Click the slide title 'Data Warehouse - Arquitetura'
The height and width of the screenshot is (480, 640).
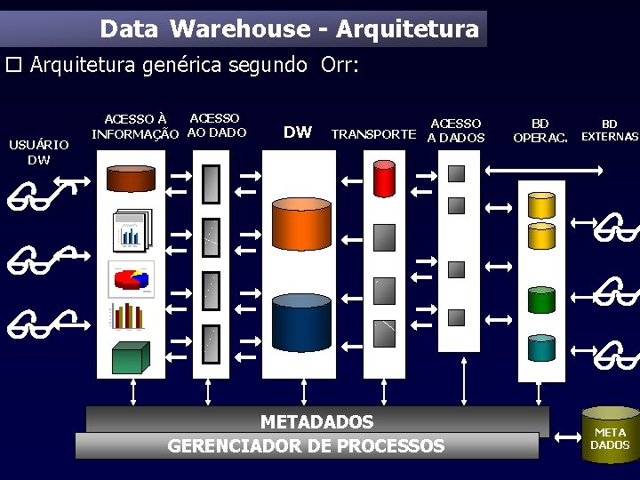(289, 29)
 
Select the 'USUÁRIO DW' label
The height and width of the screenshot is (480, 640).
(38, 152)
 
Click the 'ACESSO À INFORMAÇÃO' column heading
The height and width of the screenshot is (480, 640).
(135, 126)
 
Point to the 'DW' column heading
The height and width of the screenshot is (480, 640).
(297, 132)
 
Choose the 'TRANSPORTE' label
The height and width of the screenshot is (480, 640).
(372, 135)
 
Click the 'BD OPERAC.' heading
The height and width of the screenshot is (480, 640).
(540, 131)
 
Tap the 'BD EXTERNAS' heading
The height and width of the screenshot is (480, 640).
(609, 131)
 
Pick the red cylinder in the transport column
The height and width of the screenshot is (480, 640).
(384, 179)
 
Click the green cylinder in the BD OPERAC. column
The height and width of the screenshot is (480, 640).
(540, 300)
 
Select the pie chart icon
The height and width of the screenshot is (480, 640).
(131, 278)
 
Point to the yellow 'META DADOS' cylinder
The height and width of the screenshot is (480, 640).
(609, 435)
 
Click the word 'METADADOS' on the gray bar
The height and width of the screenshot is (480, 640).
(316, 421)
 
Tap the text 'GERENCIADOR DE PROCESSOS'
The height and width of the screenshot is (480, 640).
(306, 445)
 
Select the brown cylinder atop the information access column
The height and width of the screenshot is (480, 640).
(130, 178)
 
